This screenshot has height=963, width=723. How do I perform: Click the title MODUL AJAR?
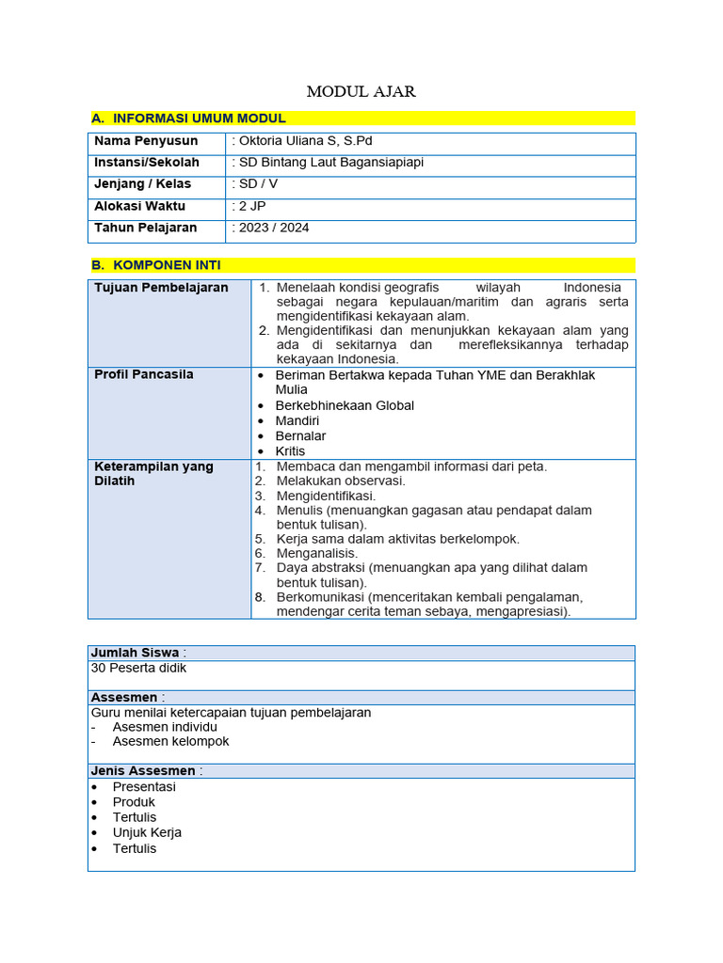click(361, 91)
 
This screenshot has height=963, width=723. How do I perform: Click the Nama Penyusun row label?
click(146, 141)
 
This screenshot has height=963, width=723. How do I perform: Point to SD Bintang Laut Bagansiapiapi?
click(329, 163)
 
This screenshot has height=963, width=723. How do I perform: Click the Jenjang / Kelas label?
click(142, 184)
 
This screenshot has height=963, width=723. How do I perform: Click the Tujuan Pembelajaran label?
click(161, 288)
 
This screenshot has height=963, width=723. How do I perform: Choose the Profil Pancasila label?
click(144, 374)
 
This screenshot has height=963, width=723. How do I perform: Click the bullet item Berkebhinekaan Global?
click(345, 405)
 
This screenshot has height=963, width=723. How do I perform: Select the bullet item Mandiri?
click(297, 420)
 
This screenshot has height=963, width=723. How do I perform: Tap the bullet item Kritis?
click(290, 451)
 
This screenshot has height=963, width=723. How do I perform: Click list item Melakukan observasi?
click(341, 481)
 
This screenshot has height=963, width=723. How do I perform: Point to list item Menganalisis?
click(317, 554)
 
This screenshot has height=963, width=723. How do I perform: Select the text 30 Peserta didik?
click(138, 668)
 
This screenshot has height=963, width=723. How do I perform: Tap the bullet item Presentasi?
click(144, 787)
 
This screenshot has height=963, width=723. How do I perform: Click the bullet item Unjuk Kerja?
click(147, 832)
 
